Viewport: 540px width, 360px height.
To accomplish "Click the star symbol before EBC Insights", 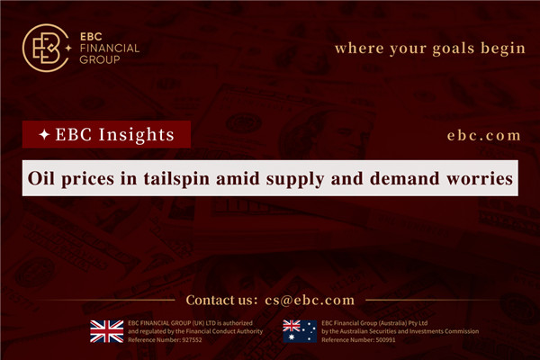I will pos(40,134).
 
